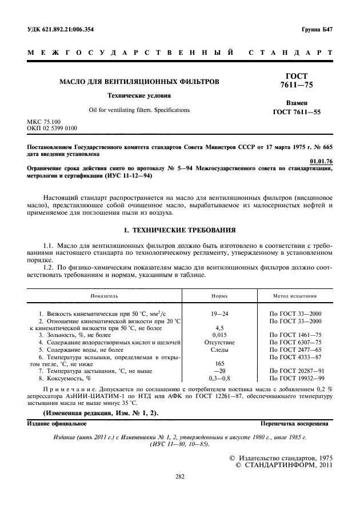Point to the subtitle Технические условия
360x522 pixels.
click(x=139, y=96)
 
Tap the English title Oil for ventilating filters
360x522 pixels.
click(x=139, y=110)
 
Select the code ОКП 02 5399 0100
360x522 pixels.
click(x=52, y=129)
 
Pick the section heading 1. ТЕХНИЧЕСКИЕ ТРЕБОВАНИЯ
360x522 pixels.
click(x=180, y=230)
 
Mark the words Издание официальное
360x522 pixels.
click(x=57, y=424)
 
